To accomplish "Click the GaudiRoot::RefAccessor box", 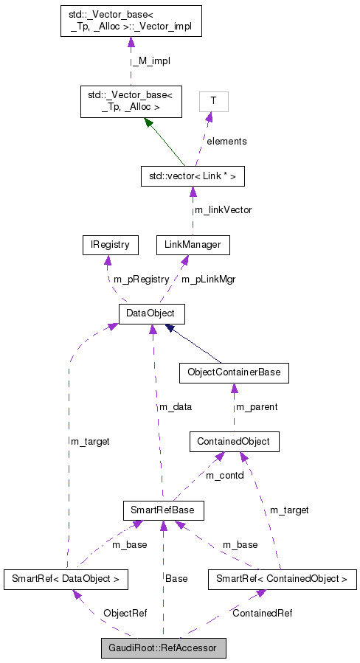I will coord(163,648).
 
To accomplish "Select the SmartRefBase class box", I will coord(162,510).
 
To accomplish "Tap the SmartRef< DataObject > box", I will coord(66,579).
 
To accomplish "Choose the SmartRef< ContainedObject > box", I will coord(282,579).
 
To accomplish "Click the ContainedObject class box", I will coord(234,442).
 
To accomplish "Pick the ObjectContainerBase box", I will coord(234,373).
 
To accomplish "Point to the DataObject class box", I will coord(151,314).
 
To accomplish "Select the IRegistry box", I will coord(106,245).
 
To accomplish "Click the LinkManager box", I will coord(193,245).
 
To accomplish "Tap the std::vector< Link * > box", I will coord(193,176).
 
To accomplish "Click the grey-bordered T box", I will coord(214,101).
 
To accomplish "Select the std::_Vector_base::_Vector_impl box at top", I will coord(130,23).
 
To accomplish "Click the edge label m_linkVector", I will coord(222,210).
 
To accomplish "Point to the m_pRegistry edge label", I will coord(141,280).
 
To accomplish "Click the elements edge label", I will coord(226,141).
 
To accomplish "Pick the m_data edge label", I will coord(176,408).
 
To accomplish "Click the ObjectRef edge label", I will coord(125,613).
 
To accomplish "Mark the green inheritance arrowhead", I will coord(150,124).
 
